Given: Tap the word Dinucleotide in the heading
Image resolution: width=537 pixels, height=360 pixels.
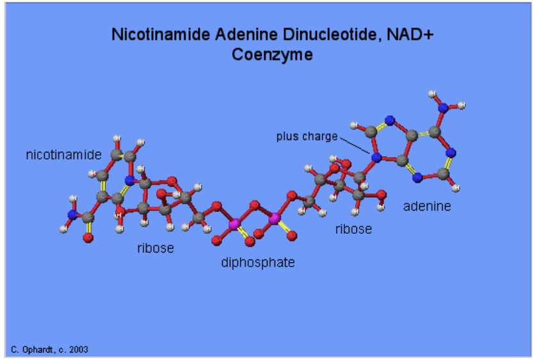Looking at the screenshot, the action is [x=329, y=35].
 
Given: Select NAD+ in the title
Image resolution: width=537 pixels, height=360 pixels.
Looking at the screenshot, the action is [x=410, y=35].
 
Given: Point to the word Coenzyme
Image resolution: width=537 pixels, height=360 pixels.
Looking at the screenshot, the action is [x=273, y=54].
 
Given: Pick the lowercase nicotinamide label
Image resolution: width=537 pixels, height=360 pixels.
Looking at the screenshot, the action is [x=63, y=155].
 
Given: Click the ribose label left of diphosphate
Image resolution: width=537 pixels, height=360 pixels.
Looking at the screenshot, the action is [x=155, y=248].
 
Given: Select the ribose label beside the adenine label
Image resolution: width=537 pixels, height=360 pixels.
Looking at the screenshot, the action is [x=353, y=229].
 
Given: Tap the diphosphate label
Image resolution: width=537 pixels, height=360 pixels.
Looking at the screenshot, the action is [x=258, y=262].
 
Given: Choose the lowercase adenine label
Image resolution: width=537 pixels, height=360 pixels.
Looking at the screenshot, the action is [x=427, y=206].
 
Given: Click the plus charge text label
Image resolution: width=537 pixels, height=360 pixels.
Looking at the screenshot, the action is [x=307, y=136].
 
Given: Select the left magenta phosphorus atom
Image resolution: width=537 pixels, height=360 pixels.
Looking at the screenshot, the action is [x=234, y=223].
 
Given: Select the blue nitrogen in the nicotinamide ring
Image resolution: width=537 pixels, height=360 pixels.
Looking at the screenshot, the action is [x=130, y=181].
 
